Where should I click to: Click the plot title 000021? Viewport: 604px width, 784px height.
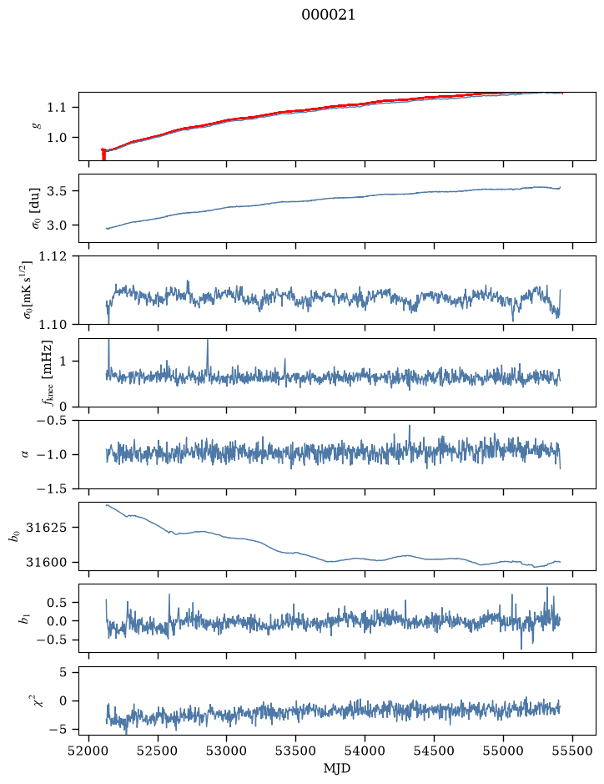[328, 15]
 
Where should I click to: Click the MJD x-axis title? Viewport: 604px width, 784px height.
[337, 768]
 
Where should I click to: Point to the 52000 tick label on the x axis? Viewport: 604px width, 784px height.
[89, 751]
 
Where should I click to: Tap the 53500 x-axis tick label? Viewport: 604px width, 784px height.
[296, 751]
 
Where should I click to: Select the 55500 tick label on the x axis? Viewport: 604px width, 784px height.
[572, 751]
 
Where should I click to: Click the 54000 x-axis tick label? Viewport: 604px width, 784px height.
[365, 751]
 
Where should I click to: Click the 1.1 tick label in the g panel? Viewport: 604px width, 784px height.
[57, 108]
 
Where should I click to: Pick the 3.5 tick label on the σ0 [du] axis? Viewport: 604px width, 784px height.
[57, 191]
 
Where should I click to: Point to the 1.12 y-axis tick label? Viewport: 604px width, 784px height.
[53, 256]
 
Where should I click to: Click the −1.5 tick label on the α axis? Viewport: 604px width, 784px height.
[51, 488]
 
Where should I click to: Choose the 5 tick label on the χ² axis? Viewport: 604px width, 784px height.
[63, 672]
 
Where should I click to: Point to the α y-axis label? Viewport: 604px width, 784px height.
[25, 454]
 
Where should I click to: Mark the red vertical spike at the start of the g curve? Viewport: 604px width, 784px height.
[103, 154]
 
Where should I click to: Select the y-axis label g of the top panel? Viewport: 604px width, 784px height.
[36, 126]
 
